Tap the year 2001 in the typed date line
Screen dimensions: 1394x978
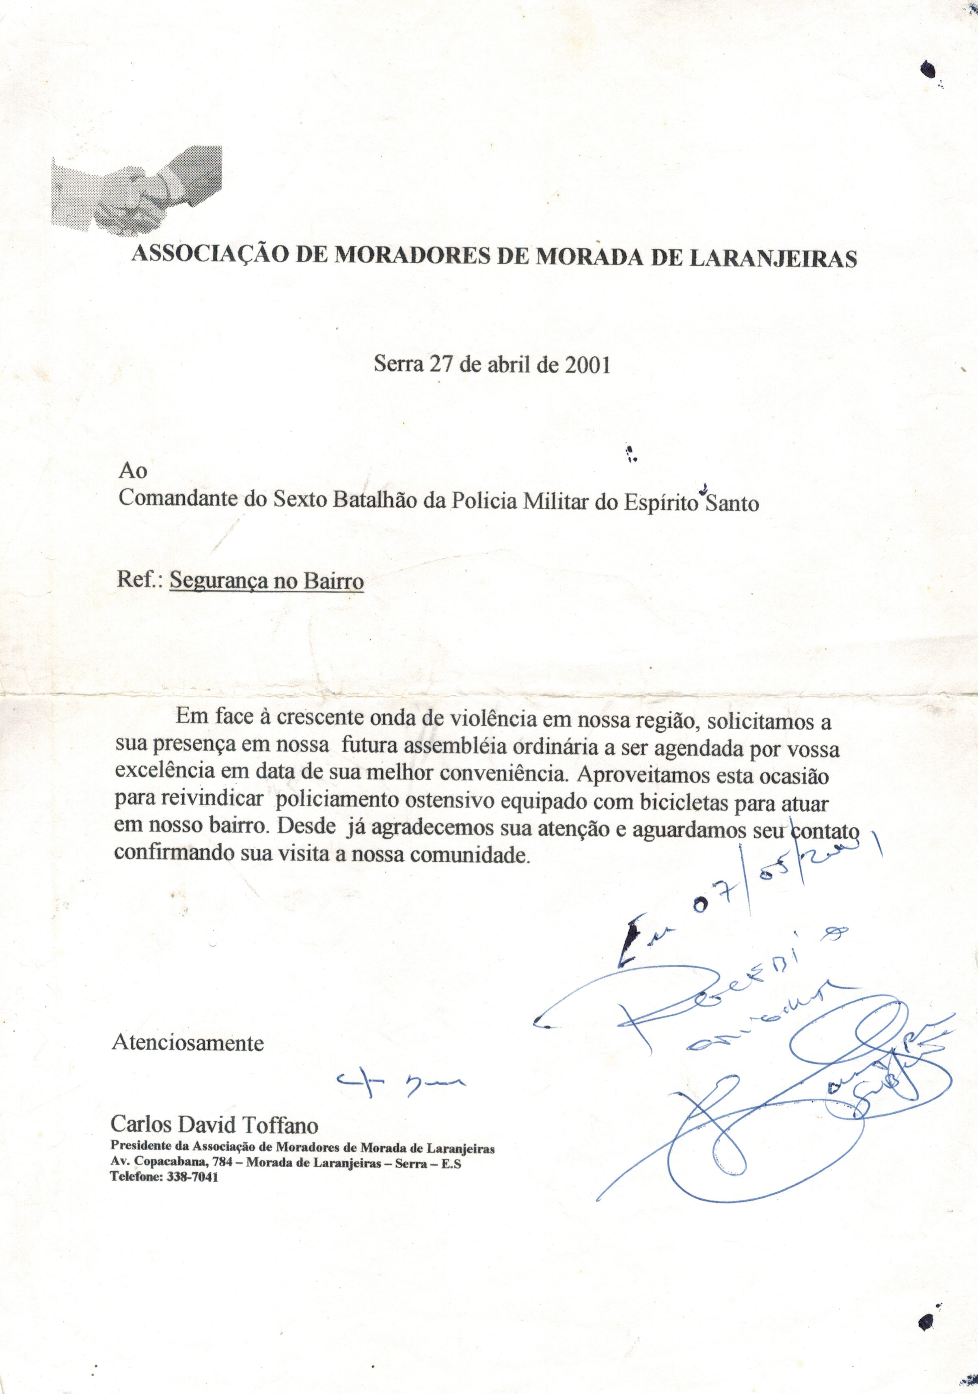click(587, 364)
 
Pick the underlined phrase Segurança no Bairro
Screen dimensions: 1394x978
click(266, 581)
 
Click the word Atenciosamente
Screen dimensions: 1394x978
click(188, 1043)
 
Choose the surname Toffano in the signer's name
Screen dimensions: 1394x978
click(280, 1125)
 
